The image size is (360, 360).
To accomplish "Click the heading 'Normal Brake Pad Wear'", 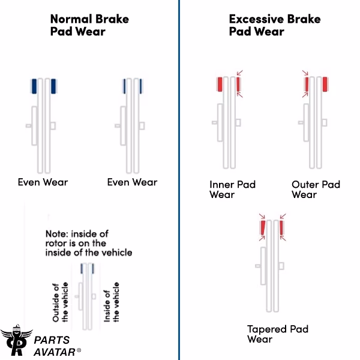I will point(89,25).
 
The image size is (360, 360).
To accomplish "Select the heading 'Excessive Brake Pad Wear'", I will point(274,25).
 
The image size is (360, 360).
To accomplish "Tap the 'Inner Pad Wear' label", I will point(232,189).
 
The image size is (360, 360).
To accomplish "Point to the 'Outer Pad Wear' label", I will point(316,189).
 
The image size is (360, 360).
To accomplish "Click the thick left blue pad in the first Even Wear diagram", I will point(34,86).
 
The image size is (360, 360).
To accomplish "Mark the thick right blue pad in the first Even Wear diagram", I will point(54,86).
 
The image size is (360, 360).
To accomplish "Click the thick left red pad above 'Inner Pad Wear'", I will point(220,85).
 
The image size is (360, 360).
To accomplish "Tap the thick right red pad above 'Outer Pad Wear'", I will point(325,85).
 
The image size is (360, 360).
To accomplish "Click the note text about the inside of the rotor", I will point(88,242).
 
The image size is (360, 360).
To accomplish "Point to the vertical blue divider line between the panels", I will point(179,180).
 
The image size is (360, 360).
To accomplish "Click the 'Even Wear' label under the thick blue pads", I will point(43,182).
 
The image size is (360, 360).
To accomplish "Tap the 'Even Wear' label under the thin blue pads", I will point(132,182).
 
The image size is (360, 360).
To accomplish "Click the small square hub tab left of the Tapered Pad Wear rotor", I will point(257,265).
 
